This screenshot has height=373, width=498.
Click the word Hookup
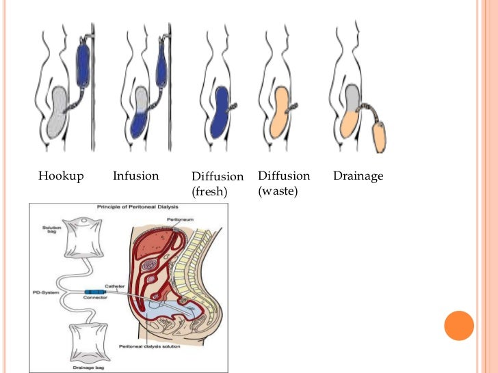[x=61, y=176]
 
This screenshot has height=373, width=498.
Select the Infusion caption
[x=135, y=176]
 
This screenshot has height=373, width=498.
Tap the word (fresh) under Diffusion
[x=209, y=192]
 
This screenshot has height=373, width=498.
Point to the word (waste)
[x=278, y=191]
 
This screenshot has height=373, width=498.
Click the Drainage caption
[x=358, y=176]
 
